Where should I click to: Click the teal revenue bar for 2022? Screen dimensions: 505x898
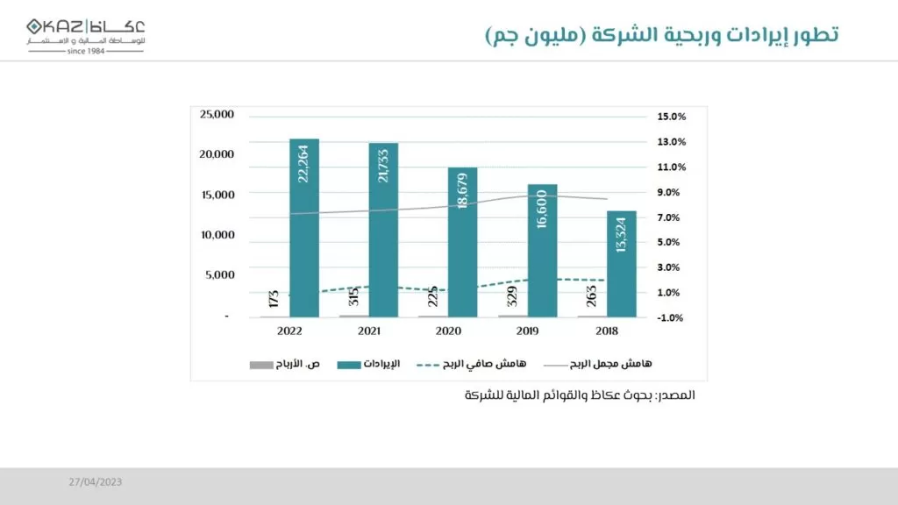[303, 228]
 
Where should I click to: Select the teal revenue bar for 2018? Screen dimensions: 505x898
[621, 263]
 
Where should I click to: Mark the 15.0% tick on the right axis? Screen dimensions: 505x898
[671, 117]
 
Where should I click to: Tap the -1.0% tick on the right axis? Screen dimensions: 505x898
[671, 318]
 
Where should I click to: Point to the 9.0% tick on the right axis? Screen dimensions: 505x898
[671, 192]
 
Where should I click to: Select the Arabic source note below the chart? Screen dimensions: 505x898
[580, 396]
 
